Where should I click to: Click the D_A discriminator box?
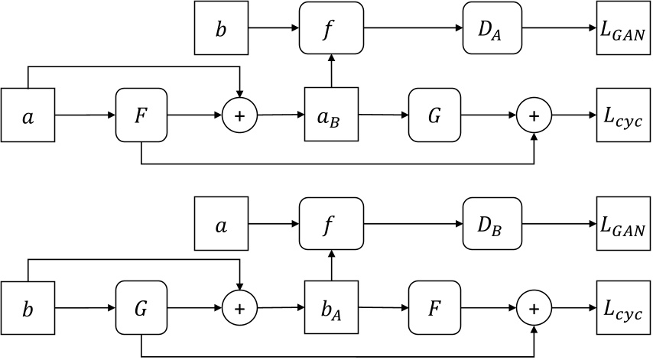(x=492, y=29)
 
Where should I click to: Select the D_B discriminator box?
(x=492, y=224)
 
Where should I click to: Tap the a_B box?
(x=331, y=115)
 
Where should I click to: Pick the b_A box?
(x=331, y=310)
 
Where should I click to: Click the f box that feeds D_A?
(x=330, y=29)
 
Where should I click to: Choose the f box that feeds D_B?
(x=330, y=224)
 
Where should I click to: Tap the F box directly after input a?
(x=141, y=115)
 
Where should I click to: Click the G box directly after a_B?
(x=434, y=115)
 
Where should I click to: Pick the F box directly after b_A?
(x=434, y=310)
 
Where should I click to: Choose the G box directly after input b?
(x=141, y=310)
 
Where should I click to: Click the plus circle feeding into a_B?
(x=240, y=115)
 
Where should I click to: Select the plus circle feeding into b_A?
(x=240, y=310)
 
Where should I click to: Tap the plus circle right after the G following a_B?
(x=534, y=115)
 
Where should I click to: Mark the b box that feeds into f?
(x=222, y=29)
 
